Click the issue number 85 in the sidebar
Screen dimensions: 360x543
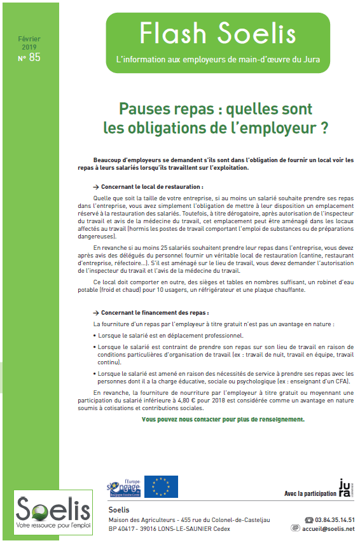point(34,57)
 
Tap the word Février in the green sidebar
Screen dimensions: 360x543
point(29,39)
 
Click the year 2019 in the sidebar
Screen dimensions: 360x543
point(29,48)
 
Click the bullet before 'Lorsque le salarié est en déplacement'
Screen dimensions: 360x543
point(95,335)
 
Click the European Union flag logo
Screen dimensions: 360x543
point(161,486)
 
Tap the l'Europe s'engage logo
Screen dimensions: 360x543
point(124,486)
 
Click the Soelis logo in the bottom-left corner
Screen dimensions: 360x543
point(45,515)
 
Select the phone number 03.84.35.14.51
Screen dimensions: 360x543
point(335,519)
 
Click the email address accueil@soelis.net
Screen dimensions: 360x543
point(328,528)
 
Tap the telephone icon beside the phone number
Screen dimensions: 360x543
point(309,519)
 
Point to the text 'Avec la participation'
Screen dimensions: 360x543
point(309,493)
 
